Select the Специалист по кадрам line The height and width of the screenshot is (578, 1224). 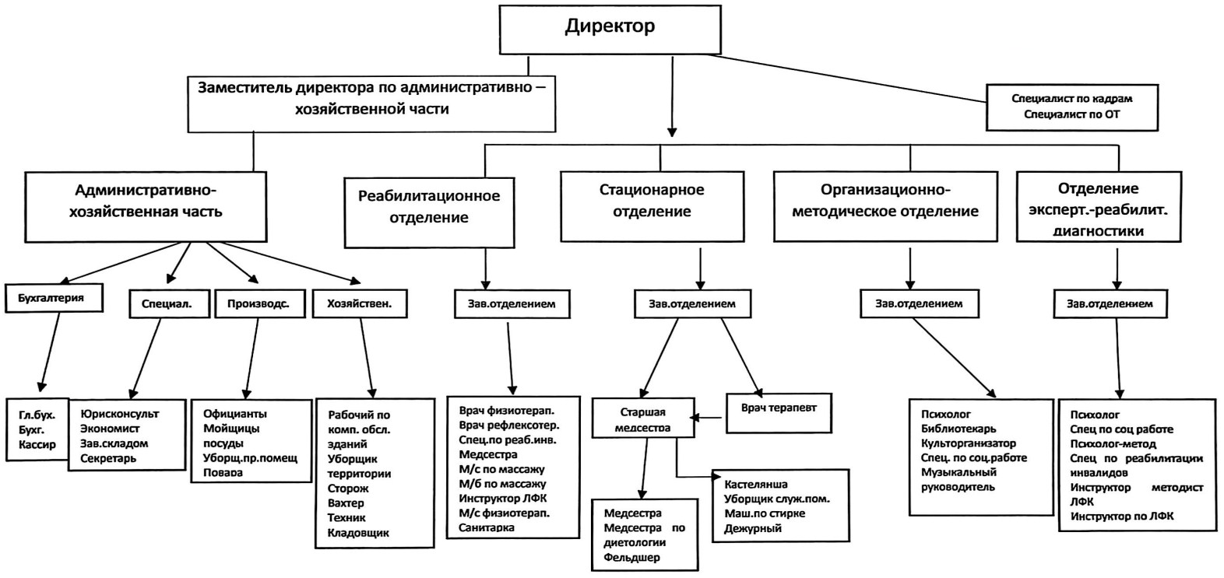pos(1071,99)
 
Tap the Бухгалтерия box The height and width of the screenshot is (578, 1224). pos(55,298)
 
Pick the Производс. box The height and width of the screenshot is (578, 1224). pos(258,304)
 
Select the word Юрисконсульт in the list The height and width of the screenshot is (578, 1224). pos(119,414)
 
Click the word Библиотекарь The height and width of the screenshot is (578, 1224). pos(958,429)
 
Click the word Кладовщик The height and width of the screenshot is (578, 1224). pos(358,533)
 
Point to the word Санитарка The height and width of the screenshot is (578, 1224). pos(486,527)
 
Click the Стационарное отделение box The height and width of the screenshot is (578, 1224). pos(652,200)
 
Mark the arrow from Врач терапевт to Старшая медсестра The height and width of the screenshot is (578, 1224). pos(709,419)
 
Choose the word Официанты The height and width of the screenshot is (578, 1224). pos(234,414)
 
